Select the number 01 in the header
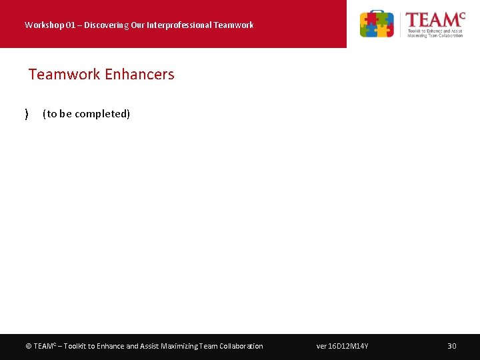point(67,25)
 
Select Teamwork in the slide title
point(64,75)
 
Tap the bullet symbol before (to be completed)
point(26,114)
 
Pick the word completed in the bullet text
point(103,114)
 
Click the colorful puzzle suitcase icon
point(377,24)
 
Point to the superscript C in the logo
point(461,15)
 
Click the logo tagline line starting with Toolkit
point(435,30)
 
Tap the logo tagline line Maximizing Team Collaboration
point(435,35)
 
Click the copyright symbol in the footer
point(28,346)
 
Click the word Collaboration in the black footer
point(241,346)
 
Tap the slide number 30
point(451,346)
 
